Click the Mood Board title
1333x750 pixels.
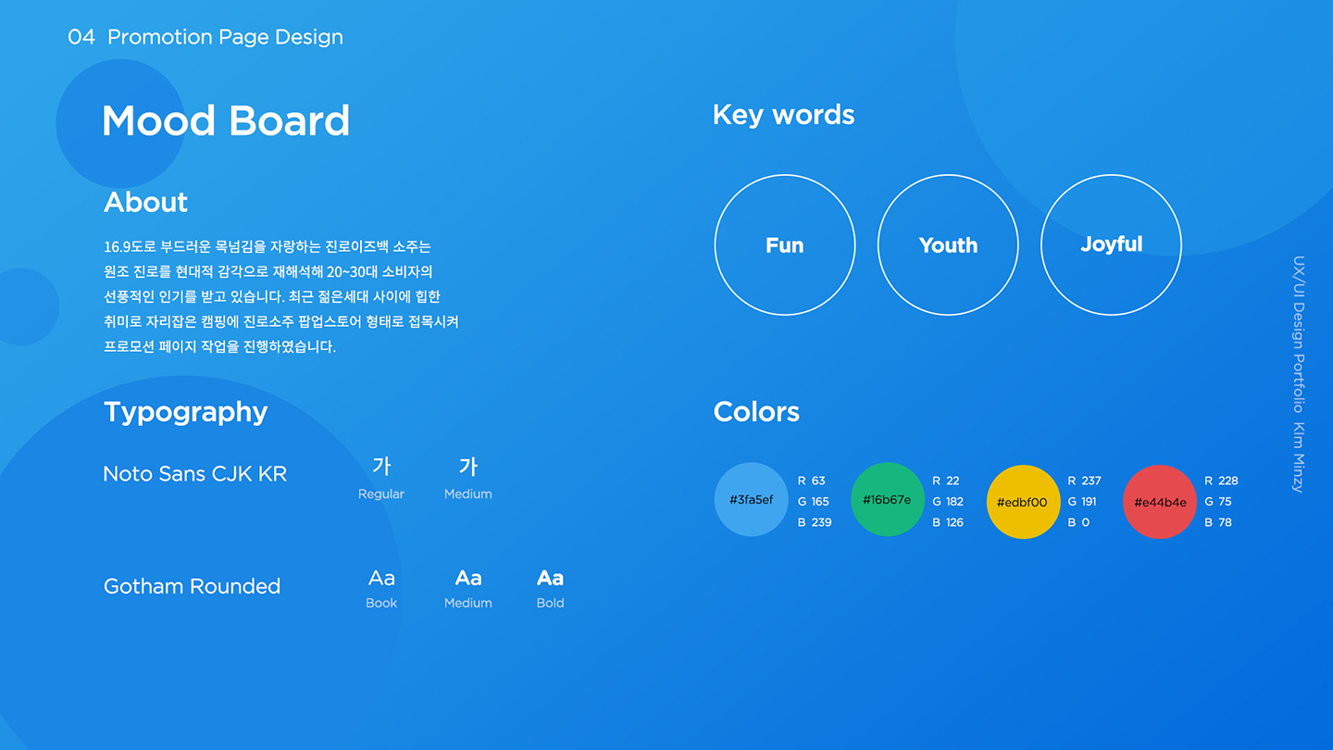pyautogui.click(x=226, y=121)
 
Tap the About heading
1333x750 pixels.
pyautogui.click(x=145, y=202)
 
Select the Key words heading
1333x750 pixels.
pyautogui.click(x=783, y=115)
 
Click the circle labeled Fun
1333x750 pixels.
pyautogui.click(x=784, y=245)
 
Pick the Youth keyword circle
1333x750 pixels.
pyautogui.click(x=948, y=245)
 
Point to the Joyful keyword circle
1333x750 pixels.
pyautogui.click(x=1111, y=244)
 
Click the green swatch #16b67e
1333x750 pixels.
pyautogui.click(x=887, y=500)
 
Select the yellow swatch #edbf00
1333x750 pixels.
pyautogui.click(x=1022, y=502)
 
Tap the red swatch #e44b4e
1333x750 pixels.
pyautogui.click(x=1159, y=502)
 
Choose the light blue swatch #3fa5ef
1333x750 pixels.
pyautogui.click(x=751, y=500)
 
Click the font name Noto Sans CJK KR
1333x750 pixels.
pyautogui.click(x=194, y=474)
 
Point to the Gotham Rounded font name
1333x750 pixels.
pyautogui.click(x=192, y=586)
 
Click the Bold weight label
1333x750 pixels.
pyautogui.click(x=550, y=603)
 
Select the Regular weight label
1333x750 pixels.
pyautogui.click(x=380, y=494)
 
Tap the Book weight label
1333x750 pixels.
pyautogui.click(x=380, y=603)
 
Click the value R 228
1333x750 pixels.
pyautogui.click(x=1221, y=481)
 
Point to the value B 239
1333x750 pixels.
pyautogui.click(x=814, y=522)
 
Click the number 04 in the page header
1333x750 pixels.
pyautogui.click(x=81, y=37)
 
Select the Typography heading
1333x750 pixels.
pyautogui.click(x=185, y=412)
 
